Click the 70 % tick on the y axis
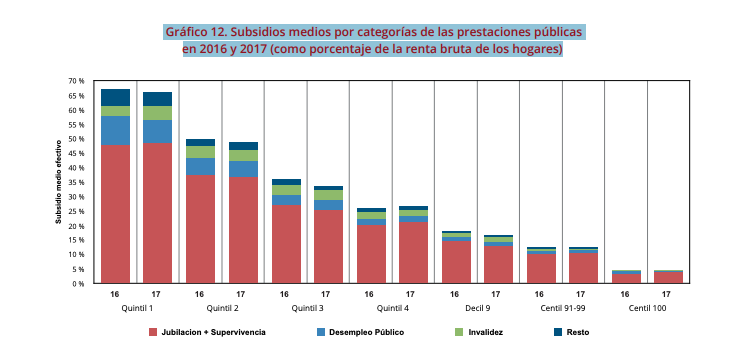click(77, 81)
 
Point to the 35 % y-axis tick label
click(77, 182)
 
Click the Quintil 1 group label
click(136, 308)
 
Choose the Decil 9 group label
click(476, 308)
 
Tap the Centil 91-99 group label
click(561, 308)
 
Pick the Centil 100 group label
click(646, 308)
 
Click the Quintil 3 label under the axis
click(306, 308)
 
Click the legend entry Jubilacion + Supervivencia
click(213, 331)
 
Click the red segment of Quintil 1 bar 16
click(115, 215)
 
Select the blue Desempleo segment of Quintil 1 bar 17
click(158, 132)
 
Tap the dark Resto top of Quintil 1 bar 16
click(115, 97)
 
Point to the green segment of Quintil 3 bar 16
click(285, 190)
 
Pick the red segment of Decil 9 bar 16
click(455, 262)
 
